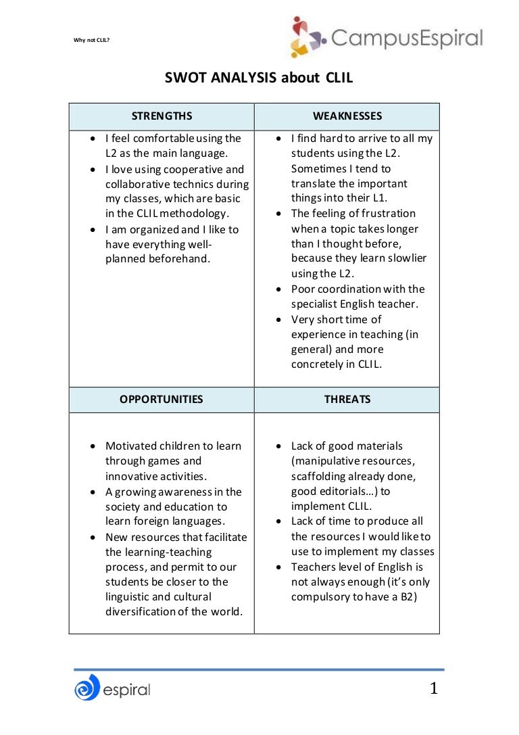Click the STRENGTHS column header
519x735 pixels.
click(x=162, y=116)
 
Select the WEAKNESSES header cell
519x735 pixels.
click(x=347, y=116)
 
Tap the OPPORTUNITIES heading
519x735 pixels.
click(x=162, y=399)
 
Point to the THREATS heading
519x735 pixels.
click(x=347, y=399)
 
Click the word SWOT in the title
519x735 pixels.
click(x=185, y=78)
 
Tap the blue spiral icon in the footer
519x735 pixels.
click(x=86, y=688)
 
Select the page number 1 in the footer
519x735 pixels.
click(x=434, y=688)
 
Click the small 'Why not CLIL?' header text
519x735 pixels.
click(x=91, y=40)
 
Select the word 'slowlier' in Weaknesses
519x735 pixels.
click(x=407, y=258)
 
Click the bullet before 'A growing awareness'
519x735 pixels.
click(x=93, y=492)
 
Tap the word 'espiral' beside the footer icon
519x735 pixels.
click(x=126, y=690)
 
